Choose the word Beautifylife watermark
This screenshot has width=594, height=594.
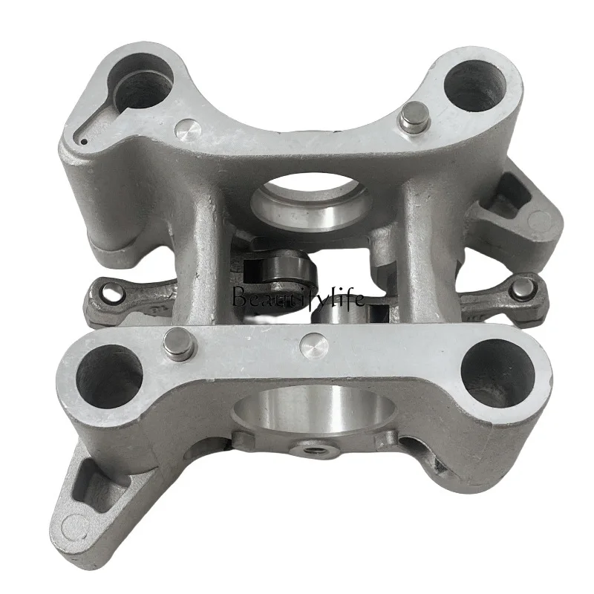297,299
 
